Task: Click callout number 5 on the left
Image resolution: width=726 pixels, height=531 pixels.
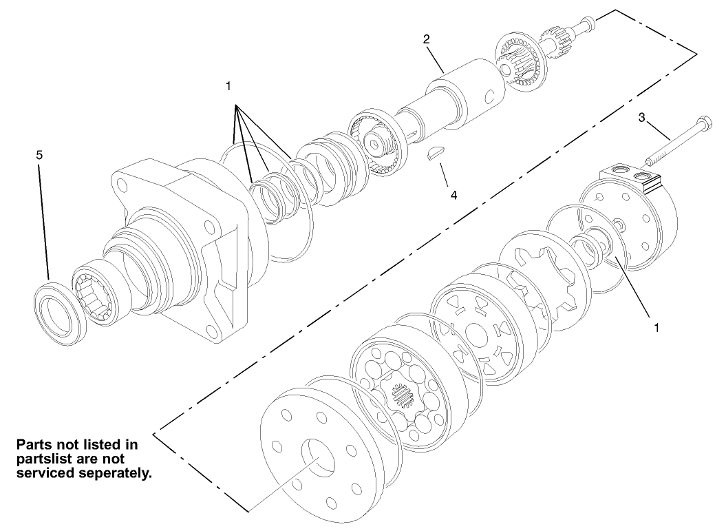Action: click(39, 156)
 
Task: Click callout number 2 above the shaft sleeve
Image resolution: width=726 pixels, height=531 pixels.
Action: click(427, 39)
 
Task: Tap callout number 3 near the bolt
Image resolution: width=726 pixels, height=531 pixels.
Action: click(641, 117)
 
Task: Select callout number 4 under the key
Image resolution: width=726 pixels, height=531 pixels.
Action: click(453, 195)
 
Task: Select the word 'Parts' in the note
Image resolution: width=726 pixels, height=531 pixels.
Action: click(35, 444)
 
